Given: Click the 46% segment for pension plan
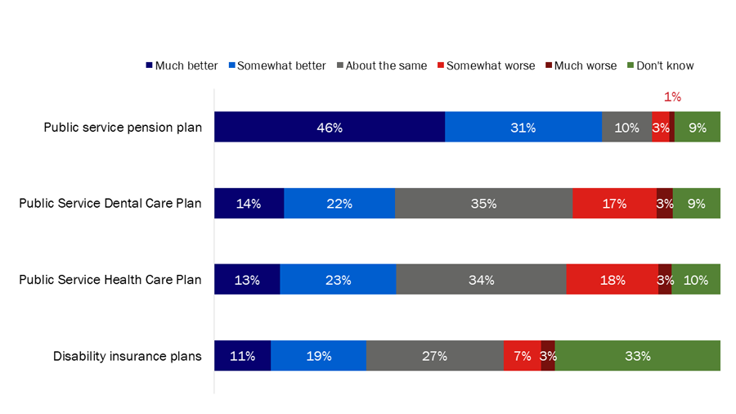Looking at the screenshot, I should pyautogui.click(x=330, y=128).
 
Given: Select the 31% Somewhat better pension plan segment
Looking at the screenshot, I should pyautogui.click(x=523, y=128).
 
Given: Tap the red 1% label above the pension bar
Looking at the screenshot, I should pyautogui.click(x=672, y=97).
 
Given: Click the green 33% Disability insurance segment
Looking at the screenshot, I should pyautogui.click(x=637, y=356).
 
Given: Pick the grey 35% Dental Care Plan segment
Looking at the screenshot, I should pyautogui.click(x=483, y=204).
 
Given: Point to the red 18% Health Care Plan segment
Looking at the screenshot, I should pyautogui.click(x=612, y=280).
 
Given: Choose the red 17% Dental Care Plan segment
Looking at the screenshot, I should pyautogui.click(x=614, y=204).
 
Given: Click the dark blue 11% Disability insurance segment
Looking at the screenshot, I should pyautogui.click(x=242, y=356).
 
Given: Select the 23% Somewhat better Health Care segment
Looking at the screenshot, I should pyautogui.click(x=338, y=280).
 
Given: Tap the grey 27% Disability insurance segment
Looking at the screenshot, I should pyautogui.click(x=434, y=356).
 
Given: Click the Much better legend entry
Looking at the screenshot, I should pyautogui.click(x=182, y=65).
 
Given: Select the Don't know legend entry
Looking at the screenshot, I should pyautogui.click(x=660, y=65).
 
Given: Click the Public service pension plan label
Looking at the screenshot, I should pyautogui.click(x=122, y=128).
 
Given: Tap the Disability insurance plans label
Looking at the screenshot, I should pyautogui.click(x=127, y=356).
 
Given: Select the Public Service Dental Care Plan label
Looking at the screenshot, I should pyautogui.click(x=110, y=204).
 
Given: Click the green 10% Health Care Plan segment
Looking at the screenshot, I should pyautogui.click(x=696, y=280).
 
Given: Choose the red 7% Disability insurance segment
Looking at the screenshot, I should pyautogui.click(x=522, y=356).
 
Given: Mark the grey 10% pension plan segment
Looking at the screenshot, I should pyautogui.click(x=626, y=128).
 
